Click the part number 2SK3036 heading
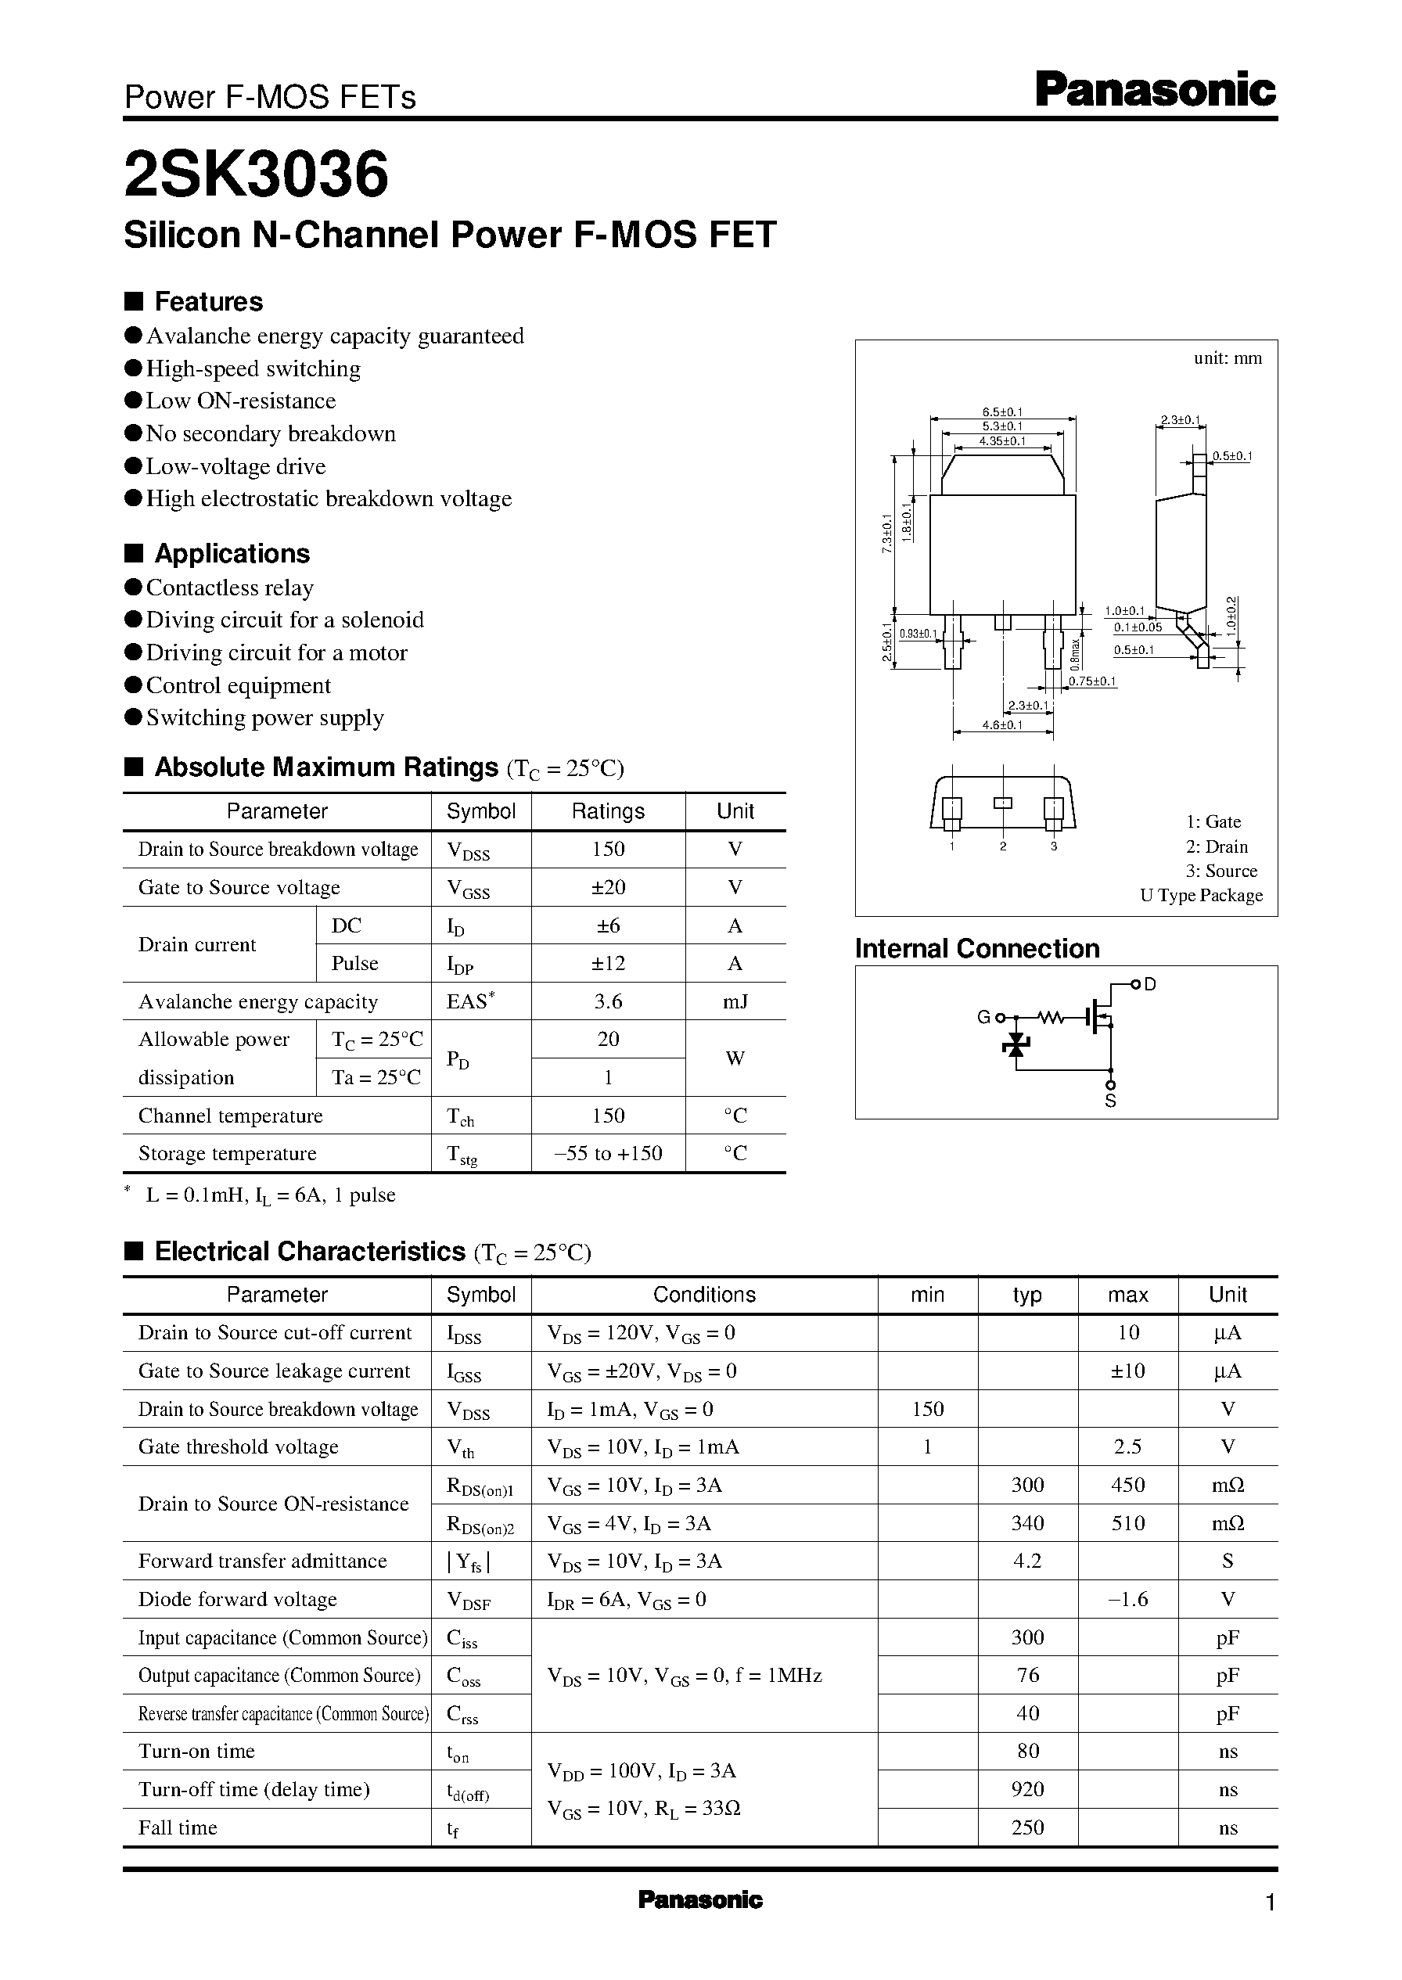click(257, 175)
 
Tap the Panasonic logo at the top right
click(1155, 91)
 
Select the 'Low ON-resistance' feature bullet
click(240, 401)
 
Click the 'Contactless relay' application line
click(230, 588)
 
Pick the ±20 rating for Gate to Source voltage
click(608, 887)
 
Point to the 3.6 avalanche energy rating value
click(608, 1001)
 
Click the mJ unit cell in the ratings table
click(735, 1001)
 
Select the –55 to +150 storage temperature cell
click(608, 1153)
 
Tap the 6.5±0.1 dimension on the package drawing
click(1002, 412)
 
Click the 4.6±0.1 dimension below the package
click(1002, 725)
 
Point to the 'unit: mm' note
click(1227, 358)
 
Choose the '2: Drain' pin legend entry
click(1217, 846)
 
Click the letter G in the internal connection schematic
click(983, 1018)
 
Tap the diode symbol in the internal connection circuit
click(1016, 1045)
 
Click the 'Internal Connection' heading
click(976, 949)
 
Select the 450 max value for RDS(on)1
click(1127, 1486)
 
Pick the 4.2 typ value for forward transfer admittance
click(1027, 1561)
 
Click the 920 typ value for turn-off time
click(1027, 1789)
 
